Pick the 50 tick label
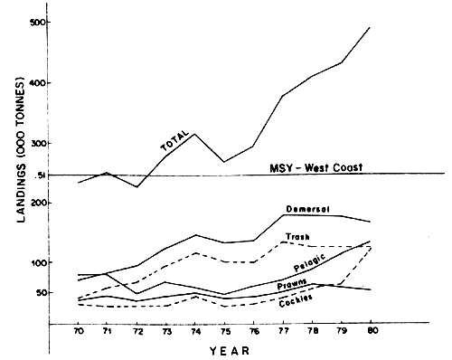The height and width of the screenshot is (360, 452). [x=36, y=293]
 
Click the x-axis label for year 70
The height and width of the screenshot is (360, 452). [x=80, y=333]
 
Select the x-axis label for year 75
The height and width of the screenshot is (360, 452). [x=223, y=333]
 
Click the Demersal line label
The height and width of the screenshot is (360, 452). [x=306, y=210]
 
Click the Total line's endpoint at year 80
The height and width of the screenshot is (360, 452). [x=370, y=27]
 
